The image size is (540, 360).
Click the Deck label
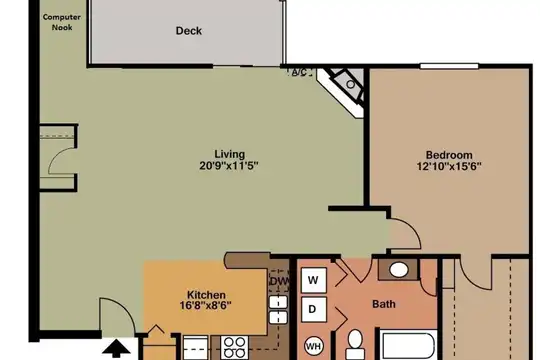coord(189,31)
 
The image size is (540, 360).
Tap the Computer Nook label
coord(62,22)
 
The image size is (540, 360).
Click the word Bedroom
coord(449,155)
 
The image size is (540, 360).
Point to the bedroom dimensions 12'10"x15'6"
coord(449,166)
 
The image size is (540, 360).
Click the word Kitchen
coord(206,295)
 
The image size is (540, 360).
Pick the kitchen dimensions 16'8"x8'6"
coord(206,306)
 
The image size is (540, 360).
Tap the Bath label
coord(384,304)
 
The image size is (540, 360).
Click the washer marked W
coord(313,280)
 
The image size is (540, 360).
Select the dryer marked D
coord(313,309)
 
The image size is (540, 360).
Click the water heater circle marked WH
coord(314,346)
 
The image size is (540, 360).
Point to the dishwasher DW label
coord(279,281)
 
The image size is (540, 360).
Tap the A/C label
coord(299,72)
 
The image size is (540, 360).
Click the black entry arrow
coord(116,349)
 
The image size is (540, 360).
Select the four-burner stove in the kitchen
coord(234,347)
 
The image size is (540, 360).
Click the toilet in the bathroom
coord(355,345)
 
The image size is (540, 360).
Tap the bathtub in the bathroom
coord(408,345)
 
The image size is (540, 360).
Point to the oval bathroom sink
coord(399,270)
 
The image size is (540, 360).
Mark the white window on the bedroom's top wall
coord(449,66)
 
